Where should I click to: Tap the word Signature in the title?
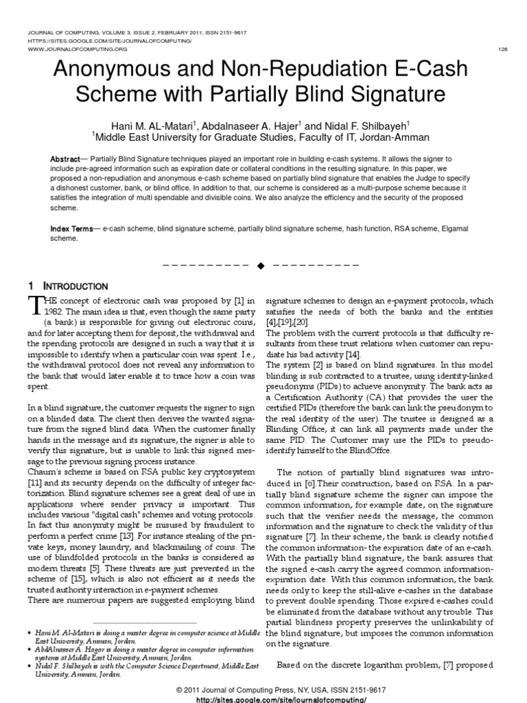point(391,93)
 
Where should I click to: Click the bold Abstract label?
point(65,159)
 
